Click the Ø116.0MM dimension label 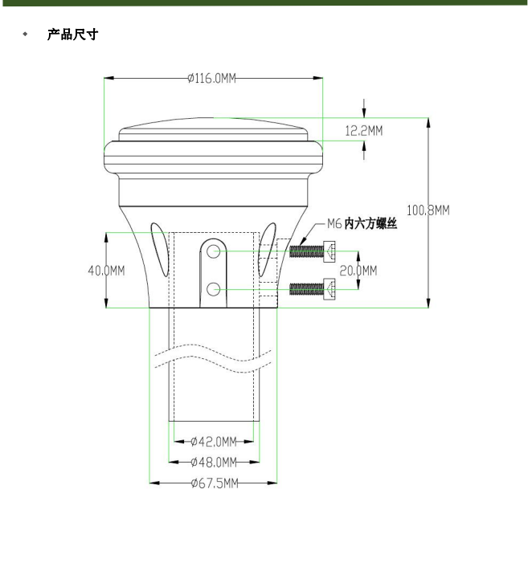(211, 78)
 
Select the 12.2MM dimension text (364, 130)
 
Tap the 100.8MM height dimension (428, 210)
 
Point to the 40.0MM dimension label (106, 270)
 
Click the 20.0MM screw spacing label (358, 271)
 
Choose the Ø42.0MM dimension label (213, 442)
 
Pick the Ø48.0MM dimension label (213, 462)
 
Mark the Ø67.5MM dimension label (215, 483)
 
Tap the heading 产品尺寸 (72, 35)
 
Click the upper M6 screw (312, 251)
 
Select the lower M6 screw (312, 287)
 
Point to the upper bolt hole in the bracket (213, 252)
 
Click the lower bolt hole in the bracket (213, 288)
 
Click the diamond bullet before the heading (25, 35)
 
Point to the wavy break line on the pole (213, 358)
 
